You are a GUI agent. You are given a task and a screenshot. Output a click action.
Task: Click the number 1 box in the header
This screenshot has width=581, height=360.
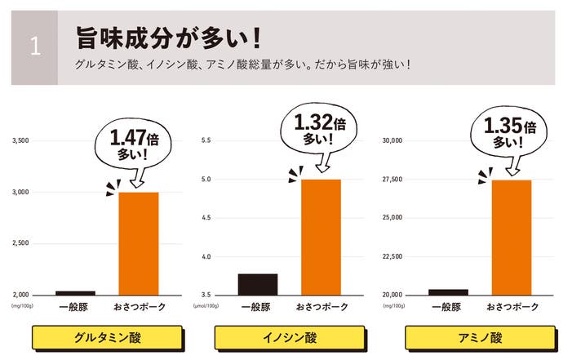pos(34,47)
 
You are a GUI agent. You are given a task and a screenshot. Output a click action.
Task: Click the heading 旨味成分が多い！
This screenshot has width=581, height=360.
pos(168,38)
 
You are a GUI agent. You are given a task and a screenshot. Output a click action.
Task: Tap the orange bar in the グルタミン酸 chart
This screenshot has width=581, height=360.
pos(139,243)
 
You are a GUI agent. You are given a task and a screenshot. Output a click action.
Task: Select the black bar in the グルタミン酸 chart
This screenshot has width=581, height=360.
pos(75,292)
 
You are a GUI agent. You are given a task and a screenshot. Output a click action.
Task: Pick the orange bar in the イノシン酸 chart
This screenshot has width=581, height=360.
pos(321,237)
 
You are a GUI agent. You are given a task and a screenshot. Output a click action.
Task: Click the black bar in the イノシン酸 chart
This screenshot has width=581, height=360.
pos(257,284)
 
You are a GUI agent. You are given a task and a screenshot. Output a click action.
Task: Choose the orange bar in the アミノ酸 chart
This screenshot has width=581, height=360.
pos(512,238)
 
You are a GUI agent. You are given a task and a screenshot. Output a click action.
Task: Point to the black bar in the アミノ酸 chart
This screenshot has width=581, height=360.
pos(448,291)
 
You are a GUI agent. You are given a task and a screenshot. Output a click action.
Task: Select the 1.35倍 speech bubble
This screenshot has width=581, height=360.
pos(509,135)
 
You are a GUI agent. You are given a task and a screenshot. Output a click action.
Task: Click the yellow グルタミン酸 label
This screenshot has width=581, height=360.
pos(106,337)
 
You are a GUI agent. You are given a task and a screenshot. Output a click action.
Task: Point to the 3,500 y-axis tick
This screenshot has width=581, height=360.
pos(20,141)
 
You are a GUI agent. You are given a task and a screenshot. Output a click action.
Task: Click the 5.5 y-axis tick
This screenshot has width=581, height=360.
pos(206,141)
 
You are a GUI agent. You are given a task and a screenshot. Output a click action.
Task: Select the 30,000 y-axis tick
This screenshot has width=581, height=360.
pos(393,141)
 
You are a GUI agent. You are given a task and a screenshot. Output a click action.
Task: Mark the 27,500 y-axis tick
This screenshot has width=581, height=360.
pos(393,180)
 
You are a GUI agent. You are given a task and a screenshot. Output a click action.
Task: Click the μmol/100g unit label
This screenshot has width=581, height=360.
pos(206,306)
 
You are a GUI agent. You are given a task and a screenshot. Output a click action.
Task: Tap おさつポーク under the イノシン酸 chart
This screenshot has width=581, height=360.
pos(321,307)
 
